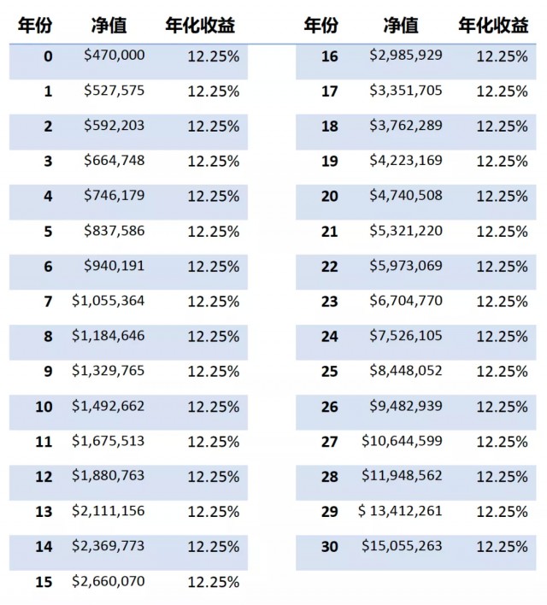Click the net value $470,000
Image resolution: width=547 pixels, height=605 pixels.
click(115, 56)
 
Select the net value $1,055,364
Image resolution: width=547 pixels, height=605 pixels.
click(108, 301)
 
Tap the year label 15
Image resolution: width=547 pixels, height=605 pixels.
click(44, 582)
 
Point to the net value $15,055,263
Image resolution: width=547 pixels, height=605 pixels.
click(402, 546)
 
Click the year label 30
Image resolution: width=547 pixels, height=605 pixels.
click(330, 547)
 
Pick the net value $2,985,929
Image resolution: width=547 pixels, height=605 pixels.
click(406, 56)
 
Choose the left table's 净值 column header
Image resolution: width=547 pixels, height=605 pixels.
click(109, 26)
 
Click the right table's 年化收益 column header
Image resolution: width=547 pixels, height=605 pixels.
click(493, 26)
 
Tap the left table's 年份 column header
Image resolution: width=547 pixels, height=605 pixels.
click(35, 26)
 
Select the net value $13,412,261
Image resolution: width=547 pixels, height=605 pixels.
click(400, 511)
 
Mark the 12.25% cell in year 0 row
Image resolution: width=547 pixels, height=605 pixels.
click(214, 56)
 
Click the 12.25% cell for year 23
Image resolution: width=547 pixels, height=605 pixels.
click(502, 302)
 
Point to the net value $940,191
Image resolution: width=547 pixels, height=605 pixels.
click(115, 266)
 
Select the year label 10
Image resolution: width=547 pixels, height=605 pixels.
click(44, 407)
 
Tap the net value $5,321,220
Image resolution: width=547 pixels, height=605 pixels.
click(406, 231)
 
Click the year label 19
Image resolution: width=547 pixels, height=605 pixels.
click(330, 162)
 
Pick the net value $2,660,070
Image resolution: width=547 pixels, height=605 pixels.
click(108, 581)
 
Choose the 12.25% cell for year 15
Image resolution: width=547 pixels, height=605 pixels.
click(214, 582)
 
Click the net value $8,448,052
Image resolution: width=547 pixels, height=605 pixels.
click(406, 371)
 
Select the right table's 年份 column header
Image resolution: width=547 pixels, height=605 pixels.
click(321, 26)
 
